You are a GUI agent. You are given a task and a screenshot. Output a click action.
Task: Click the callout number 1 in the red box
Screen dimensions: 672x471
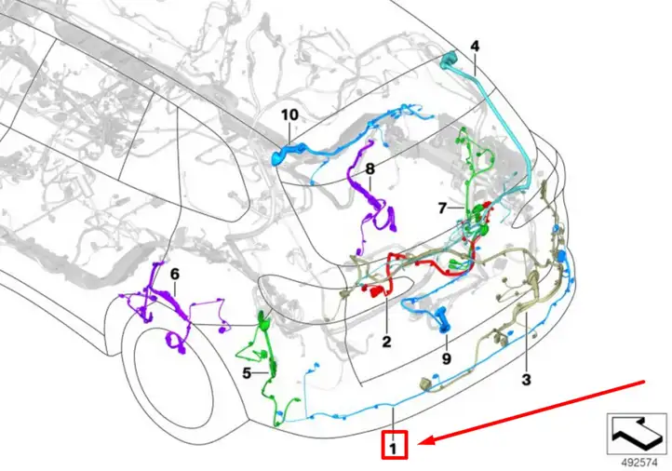click(393, 449)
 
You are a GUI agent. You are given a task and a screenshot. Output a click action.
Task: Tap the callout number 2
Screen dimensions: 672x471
click(386, 342)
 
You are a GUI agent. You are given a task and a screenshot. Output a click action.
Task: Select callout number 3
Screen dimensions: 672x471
click(526, 379)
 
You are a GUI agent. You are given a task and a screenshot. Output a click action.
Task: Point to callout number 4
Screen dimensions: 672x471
click(475, 47)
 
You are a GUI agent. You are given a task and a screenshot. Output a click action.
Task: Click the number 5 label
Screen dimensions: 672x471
click(247, 373)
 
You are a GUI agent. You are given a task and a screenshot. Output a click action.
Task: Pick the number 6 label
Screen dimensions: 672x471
click(175, 274)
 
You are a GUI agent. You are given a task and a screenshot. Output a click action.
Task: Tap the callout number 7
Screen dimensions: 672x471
click(443, 209)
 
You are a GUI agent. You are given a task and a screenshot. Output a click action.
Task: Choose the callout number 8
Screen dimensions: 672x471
click(370, 169)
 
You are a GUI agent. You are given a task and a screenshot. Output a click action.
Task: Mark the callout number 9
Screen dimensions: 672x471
click(447, 358)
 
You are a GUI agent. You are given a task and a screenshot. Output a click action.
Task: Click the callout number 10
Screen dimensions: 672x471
click(289, 114)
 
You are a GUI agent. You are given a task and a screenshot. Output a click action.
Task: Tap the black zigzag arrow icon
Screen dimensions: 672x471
click(637, 433)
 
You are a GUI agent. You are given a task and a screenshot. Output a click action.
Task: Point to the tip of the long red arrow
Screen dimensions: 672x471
click(417, 443)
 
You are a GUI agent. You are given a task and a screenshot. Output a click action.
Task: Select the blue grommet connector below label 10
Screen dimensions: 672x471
click(278, 158)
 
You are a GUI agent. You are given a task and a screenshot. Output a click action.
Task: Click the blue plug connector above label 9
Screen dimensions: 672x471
click(442, 320)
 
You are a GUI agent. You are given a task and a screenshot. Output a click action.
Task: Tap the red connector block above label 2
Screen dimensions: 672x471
click(377, 291)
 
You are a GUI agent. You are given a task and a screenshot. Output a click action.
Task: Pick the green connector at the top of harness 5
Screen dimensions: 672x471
click(262, 320)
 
